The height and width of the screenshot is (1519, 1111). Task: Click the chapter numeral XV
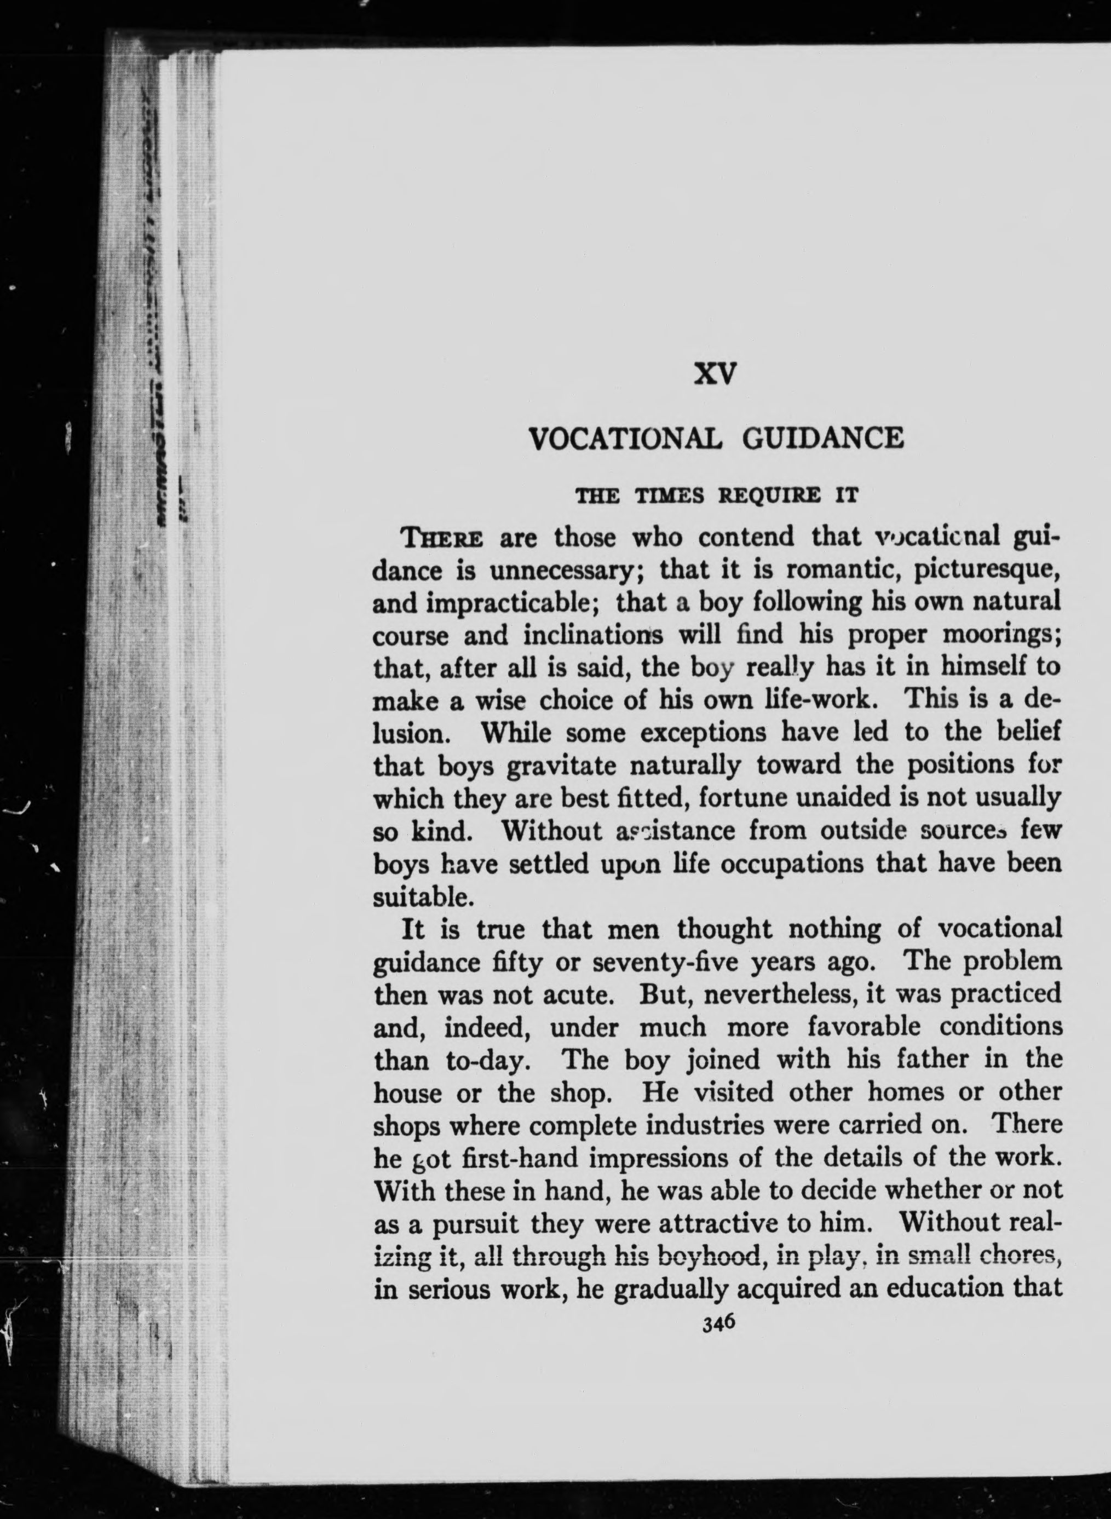[x=716, y=375]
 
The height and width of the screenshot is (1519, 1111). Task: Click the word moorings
[x=1001, y=635]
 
